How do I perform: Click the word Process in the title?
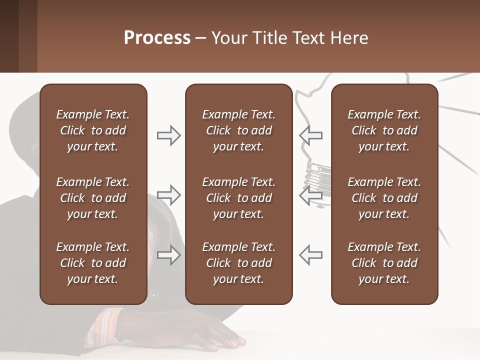pos(157,38)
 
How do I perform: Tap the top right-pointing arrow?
pos(169,135)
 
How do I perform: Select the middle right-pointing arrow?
pos(169,195)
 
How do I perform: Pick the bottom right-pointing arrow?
pos(169,254)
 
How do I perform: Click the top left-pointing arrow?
pos(310,135)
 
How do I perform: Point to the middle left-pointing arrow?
pos(310,195)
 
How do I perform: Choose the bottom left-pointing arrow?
pos(310,254)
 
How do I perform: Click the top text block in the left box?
pos(93,130)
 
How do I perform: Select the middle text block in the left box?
pos(93,198)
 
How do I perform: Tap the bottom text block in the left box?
pos(93,263)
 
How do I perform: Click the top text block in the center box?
pos(238,130)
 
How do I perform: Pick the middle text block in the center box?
pos(238,198)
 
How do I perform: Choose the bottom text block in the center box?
pos(238,263)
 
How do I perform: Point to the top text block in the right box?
pos(384,130)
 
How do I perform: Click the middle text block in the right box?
pos(384,198)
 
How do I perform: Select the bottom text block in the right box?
pos(384,263)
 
